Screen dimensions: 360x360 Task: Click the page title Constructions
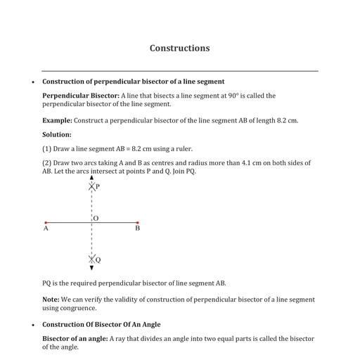pos(179,49)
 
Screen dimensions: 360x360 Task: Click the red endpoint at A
pos(46,223)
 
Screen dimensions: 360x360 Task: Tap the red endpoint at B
pos(137,223)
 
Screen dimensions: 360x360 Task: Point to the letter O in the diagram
pos(96,218)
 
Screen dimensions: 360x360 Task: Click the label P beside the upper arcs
pos(97,186)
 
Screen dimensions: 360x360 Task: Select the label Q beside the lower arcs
pos(98,259)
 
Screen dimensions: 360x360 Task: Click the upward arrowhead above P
pos(91,179)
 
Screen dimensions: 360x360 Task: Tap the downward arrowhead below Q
pos(91,268)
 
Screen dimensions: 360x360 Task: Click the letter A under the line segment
pos(46,229)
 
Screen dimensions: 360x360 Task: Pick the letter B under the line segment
pos(137,229)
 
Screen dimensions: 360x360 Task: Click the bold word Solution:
pos(57,134)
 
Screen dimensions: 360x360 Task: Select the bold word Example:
pos(57,120)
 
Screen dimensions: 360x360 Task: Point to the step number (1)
pos(47,148)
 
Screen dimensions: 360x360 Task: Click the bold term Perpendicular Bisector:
pos(81,96)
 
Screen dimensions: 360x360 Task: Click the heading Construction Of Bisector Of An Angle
pos(101,324)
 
